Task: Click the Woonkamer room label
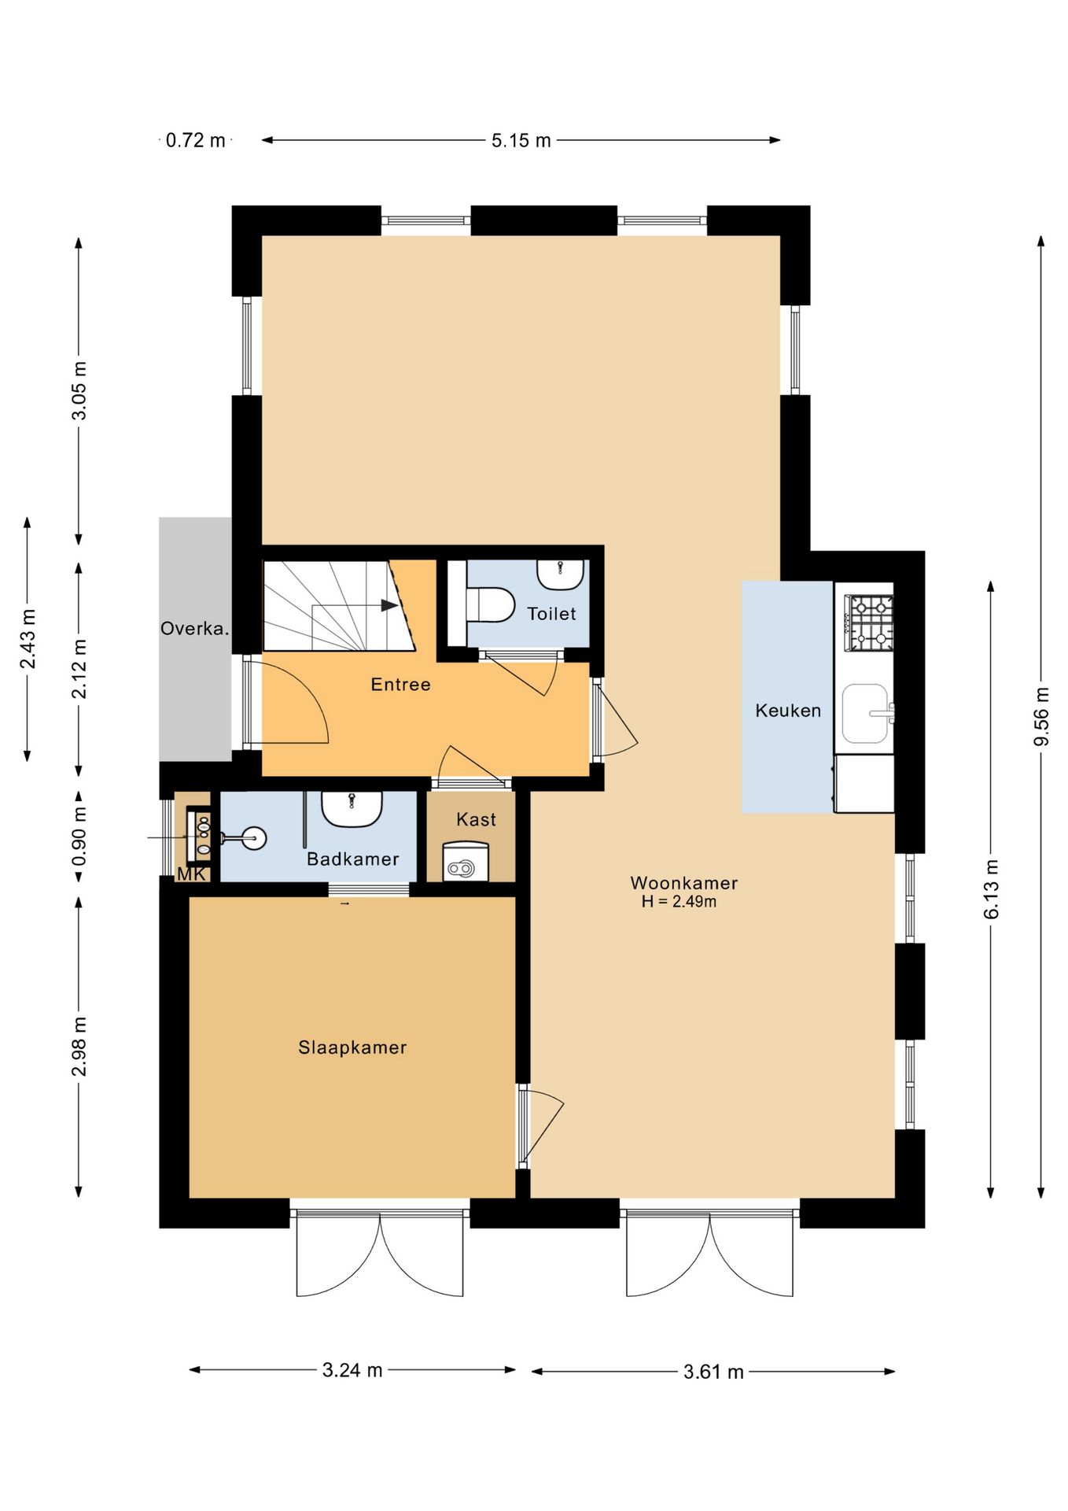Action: [683, 883]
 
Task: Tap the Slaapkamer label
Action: [352, 1047]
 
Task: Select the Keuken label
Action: [788, 711]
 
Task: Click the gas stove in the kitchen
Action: [869, 623]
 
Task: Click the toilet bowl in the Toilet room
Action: [489, 604]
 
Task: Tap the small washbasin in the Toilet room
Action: [561, 574]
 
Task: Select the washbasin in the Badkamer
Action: [352, 808]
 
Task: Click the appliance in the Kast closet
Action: [466, 861]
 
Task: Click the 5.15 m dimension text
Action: [521, 141]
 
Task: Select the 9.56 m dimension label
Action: [1041, 716]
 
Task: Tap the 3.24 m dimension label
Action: [352, 1370]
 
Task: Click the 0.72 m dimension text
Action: [195, 141]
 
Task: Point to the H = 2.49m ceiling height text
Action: [679, 902]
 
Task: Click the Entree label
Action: [400, 685]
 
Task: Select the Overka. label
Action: [195, 629]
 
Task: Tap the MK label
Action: [191, 874]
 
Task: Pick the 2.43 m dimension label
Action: [28, 639]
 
